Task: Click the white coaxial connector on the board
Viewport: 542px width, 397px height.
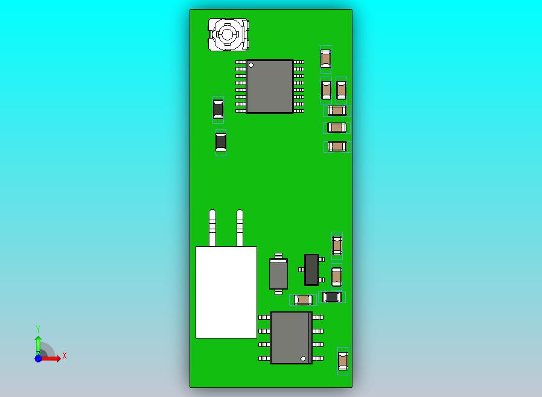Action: click(228, 34)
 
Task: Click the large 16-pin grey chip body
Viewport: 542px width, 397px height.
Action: click(270, 86)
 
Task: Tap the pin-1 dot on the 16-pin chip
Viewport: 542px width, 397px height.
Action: click(251, 65)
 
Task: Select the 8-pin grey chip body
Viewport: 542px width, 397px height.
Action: click(291, 338)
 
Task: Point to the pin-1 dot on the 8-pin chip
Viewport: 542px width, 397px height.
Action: click(303, 358)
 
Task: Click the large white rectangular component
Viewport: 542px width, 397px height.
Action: click(226, 292)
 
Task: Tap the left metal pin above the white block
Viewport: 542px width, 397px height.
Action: click(212, 228)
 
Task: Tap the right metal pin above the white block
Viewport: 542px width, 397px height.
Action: click(240, 228)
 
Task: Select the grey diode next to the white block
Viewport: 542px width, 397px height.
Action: click(278, 274)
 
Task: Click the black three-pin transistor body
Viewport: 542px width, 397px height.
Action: click(311, 270)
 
